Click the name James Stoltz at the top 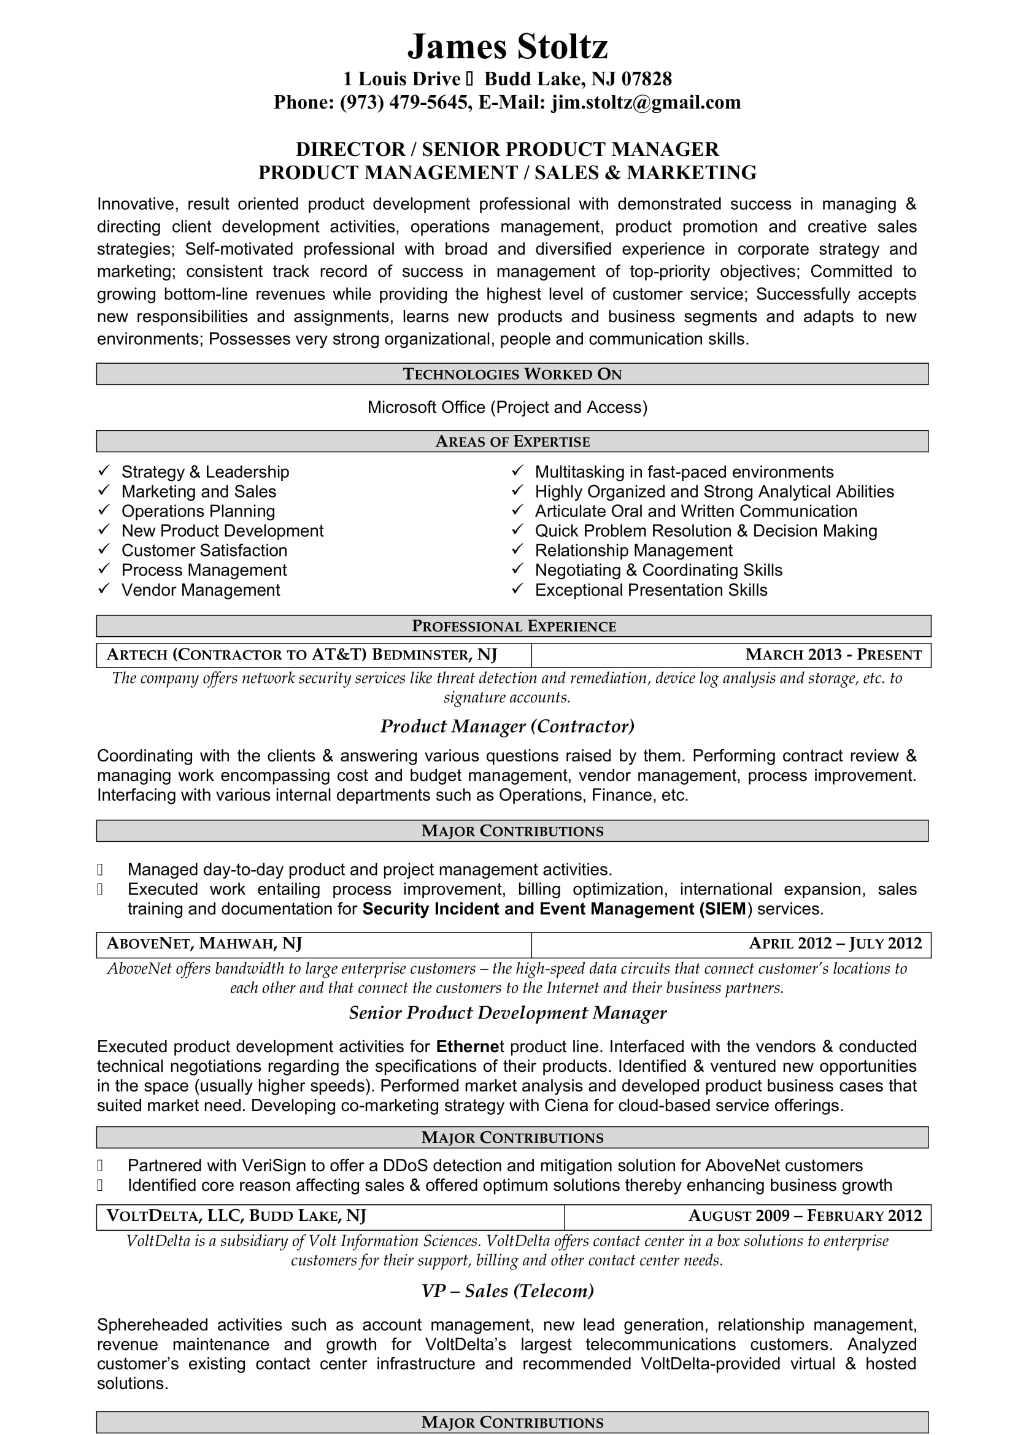(x=507, y=46)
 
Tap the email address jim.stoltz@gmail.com (x=646, y=102)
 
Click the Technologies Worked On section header (x=512, y=374)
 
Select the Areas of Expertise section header (x=512, y=442)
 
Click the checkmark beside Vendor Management (x=104, y=589)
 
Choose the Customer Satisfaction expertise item (x=204, y=550)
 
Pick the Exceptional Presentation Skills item (x=650, y=590)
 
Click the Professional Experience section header (x=513, y=626)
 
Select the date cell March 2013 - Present (x=833, y=655)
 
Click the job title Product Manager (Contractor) (x=507, y=726)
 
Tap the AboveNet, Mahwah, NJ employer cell (x=204, y=943)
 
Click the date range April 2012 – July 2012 (x=835, y=943)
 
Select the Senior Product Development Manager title (x=507, y=1013)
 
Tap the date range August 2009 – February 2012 (x=805, y=1215)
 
